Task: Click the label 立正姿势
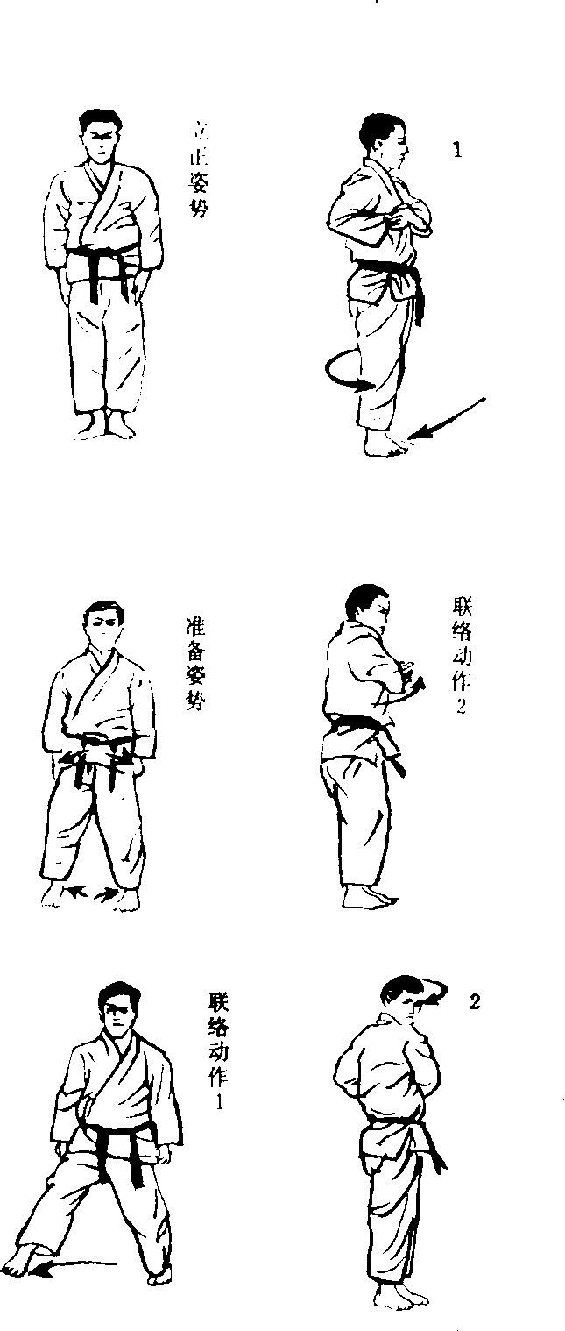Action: click(x=199, y=170)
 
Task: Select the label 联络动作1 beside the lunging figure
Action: click(x=218, y=1050)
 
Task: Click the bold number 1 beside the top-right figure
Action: click(x=457, y=150)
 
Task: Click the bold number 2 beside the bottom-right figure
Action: click(x=474, y=1002)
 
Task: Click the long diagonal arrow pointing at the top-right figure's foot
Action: click(x=447, y=418)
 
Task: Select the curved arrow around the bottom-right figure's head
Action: click(x=436, y=993)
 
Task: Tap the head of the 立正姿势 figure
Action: click(x=101, y=136)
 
